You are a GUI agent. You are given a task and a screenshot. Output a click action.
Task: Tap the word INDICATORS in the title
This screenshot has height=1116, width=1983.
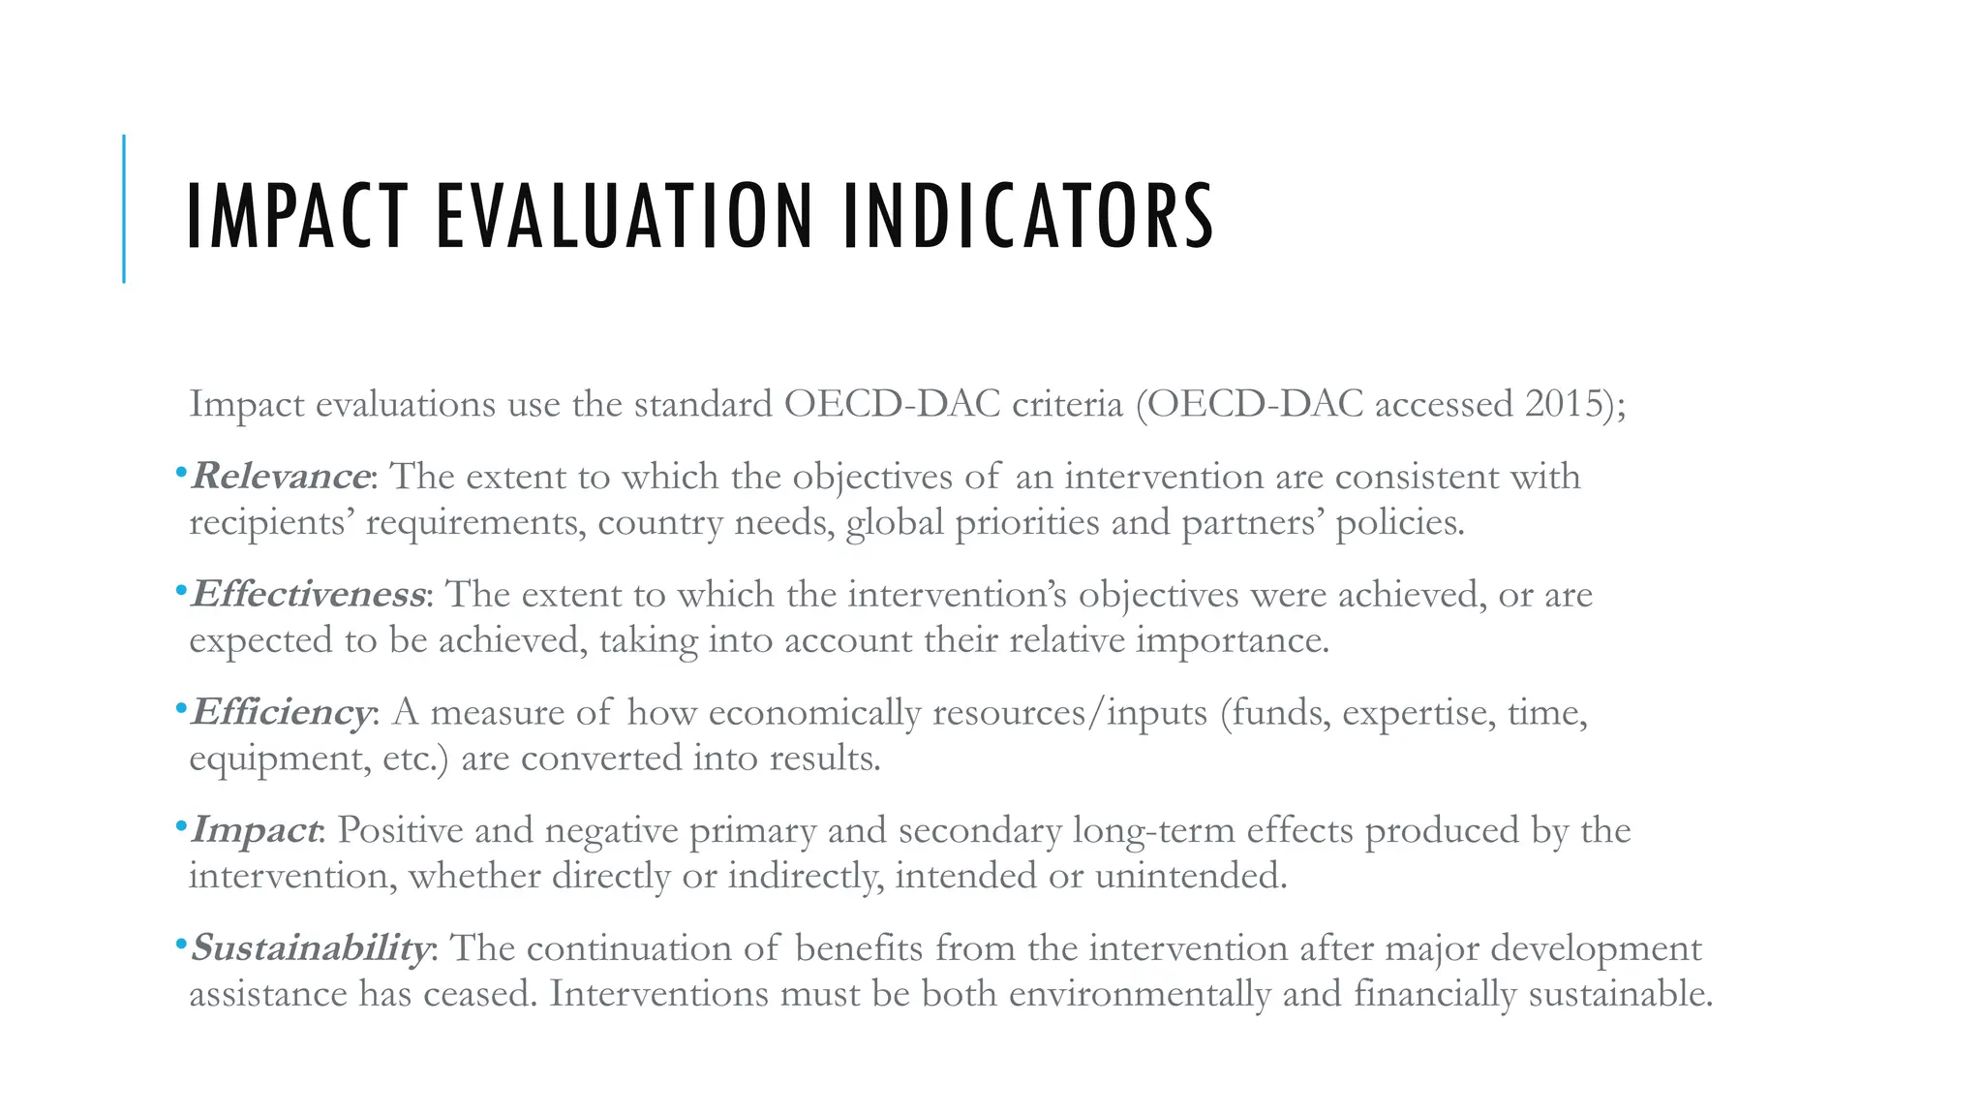[1028, 216]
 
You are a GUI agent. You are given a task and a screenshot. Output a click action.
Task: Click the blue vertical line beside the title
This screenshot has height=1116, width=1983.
[124, 208]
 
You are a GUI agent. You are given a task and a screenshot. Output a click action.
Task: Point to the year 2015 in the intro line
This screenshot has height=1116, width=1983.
[1563, 403]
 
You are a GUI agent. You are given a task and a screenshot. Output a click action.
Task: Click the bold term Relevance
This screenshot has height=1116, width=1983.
[280, 476]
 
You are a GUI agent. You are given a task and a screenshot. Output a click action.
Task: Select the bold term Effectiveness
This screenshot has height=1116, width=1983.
[308, 594]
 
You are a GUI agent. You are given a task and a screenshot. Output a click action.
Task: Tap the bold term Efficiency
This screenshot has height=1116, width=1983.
[281, 712]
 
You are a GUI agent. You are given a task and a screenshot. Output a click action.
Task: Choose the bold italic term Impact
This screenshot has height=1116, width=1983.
[255, 830]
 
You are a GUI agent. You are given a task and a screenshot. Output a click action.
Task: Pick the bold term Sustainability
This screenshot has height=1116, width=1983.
[310, 947]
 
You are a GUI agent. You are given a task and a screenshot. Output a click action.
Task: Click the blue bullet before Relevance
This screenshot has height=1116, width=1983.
[180, 474]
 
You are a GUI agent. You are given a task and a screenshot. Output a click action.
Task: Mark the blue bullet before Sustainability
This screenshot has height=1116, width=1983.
[180, 945]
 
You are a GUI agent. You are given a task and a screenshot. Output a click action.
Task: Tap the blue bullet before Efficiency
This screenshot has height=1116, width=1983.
[180, 709]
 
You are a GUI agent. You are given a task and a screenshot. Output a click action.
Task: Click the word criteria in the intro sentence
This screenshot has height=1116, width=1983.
[1067, 403]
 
